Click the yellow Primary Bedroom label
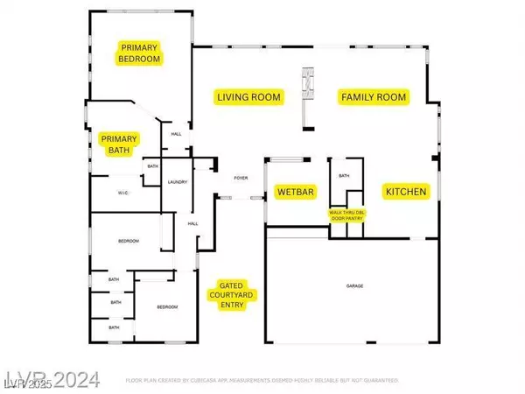142,53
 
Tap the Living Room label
249,97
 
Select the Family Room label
374,97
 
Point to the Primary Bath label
120,144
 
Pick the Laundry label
178,181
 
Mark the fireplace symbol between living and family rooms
306,82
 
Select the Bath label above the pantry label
344,176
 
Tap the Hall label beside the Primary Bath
176,134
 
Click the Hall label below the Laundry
192,223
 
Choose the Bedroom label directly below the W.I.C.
129,241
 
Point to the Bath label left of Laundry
152,166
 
